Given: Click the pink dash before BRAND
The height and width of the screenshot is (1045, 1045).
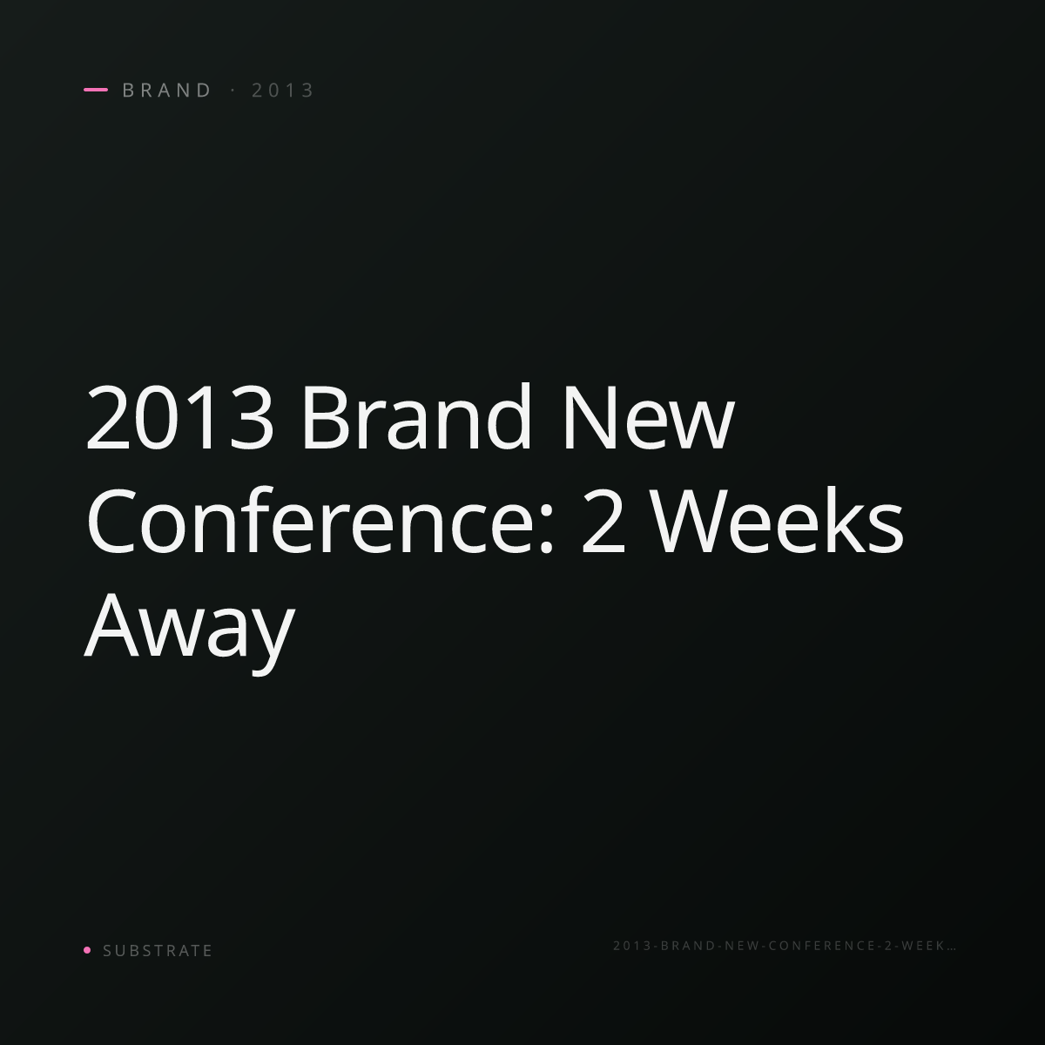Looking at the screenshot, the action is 96,90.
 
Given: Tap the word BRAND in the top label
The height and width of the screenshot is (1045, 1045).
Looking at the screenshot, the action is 166,90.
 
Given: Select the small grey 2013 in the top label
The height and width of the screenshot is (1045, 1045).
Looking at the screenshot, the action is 282,90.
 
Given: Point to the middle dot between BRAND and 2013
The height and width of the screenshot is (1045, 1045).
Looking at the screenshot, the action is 233,90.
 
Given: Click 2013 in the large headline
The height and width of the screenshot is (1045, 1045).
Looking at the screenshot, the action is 179,417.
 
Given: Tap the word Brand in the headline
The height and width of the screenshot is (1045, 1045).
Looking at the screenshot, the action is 416,416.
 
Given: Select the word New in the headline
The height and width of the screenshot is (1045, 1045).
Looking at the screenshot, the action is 649,417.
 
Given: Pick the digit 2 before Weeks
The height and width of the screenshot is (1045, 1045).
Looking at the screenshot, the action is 602,521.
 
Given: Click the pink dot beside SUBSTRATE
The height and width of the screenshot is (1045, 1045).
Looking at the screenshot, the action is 87,949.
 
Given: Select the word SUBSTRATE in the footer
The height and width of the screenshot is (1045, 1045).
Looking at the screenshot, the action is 158,950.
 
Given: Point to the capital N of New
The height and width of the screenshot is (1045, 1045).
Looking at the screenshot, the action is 590,417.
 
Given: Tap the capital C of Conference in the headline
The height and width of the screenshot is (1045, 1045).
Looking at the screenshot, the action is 111,521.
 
